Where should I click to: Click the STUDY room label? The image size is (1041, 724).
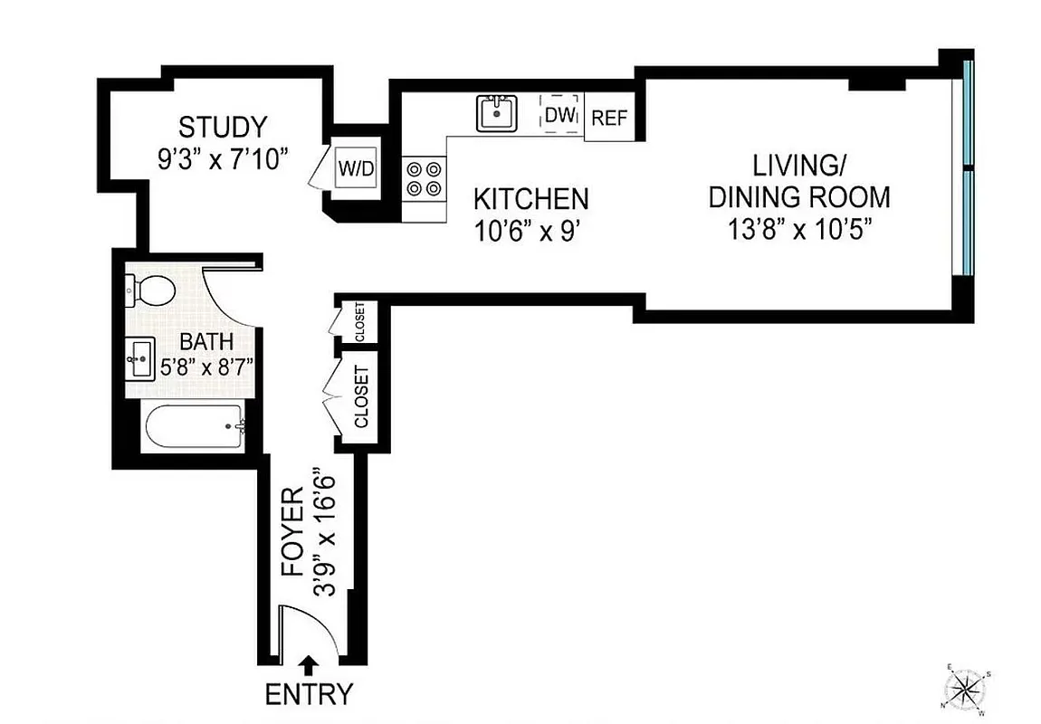[223, 126]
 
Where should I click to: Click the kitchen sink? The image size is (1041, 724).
[495, 114]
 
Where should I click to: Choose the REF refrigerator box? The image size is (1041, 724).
[608, 119]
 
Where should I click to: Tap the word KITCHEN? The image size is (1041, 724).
[531, 198]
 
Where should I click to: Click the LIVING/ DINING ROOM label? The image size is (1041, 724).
[798, 181]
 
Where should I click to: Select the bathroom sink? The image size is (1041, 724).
[142, 359]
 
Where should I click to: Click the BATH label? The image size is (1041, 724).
[206, 342]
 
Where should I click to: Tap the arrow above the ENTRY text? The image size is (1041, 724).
[308, 665]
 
